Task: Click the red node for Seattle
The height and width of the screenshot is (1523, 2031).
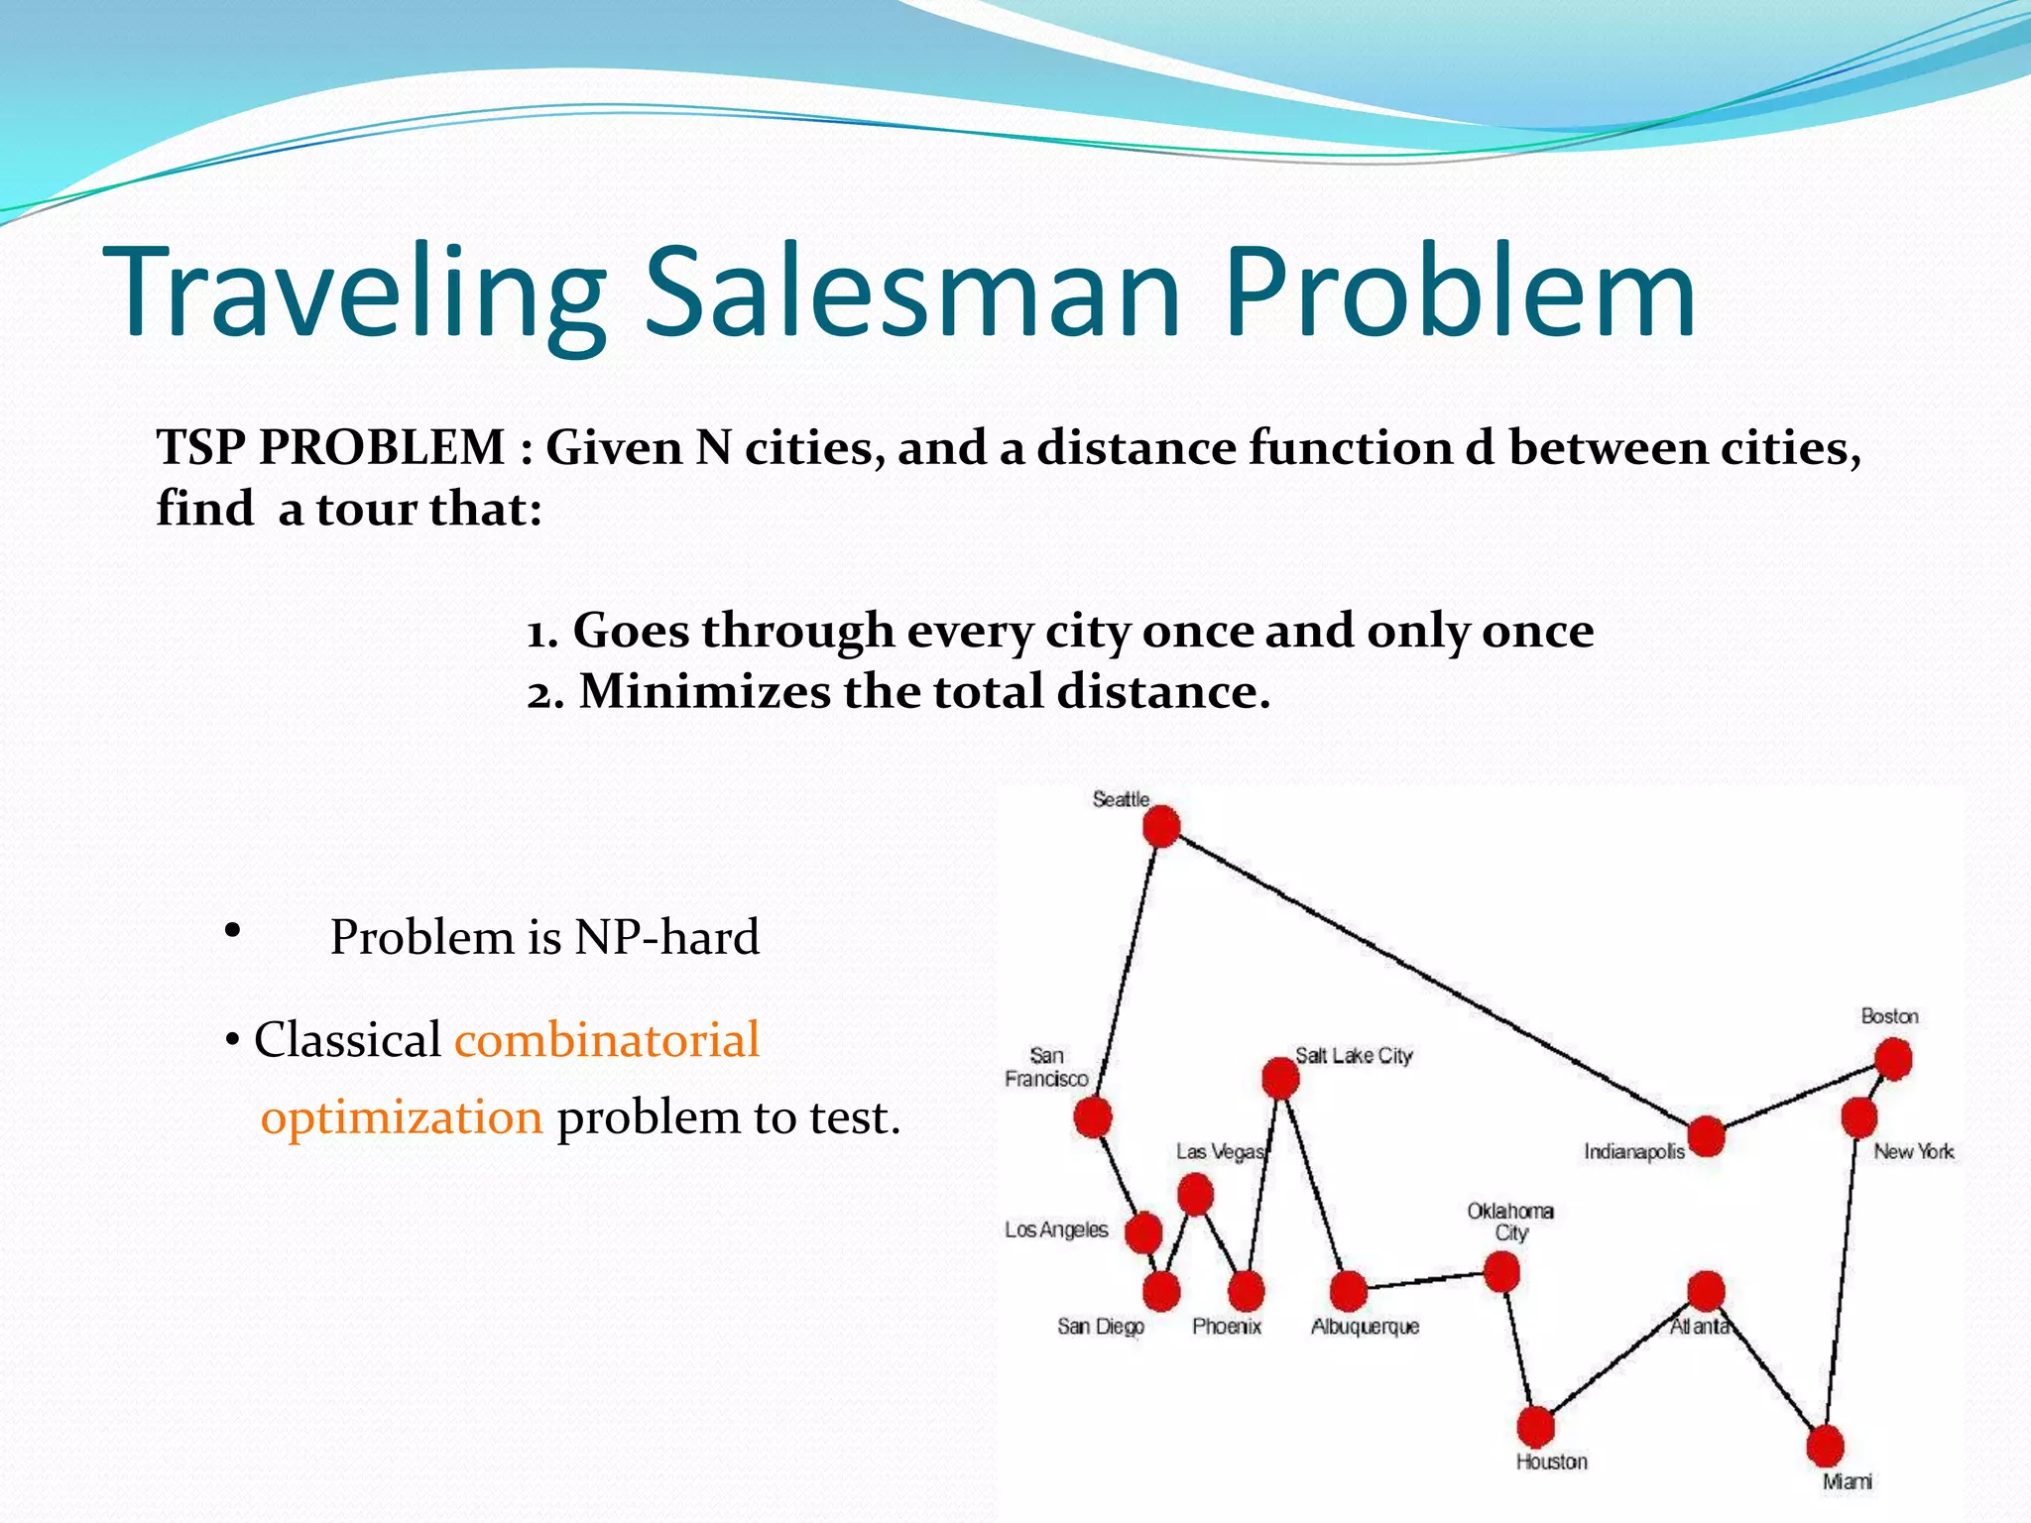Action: coord(1161,826)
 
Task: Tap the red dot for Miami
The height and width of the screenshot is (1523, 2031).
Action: coord(1825,1447)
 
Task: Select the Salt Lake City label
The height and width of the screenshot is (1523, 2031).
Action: coord(1354,1056)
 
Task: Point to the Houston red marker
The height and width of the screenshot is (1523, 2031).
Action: coord(1535,1427)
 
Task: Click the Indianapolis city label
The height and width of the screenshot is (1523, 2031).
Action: coord(1633,1152)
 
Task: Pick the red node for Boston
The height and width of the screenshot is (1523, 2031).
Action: coord(1893,1059)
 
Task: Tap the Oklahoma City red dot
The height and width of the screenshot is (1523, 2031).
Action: coord(1502,1272)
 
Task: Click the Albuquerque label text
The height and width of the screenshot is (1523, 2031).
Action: coord(1365,1327)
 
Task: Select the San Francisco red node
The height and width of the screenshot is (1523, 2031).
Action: coord(1093,1117)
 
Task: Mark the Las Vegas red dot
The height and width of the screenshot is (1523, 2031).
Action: coord(1195,1195)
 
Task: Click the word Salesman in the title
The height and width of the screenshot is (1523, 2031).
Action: coord(912,293)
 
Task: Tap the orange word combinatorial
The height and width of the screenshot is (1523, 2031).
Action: coord(607,1040)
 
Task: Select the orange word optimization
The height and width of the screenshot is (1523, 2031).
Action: coord(402,1117)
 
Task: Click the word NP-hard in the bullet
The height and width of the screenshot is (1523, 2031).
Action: coord(666,937)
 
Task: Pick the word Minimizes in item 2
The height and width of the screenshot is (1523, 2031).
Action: coord(704,692)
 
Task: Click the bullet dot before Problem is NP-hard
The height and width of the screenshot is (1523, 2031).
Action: coord(232,930)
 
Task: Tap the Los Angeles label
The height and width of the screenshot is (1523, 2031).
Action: coord(1056,1230)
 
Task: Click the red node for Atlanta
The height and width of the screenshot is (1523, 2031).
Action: coord(1706,1291)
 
